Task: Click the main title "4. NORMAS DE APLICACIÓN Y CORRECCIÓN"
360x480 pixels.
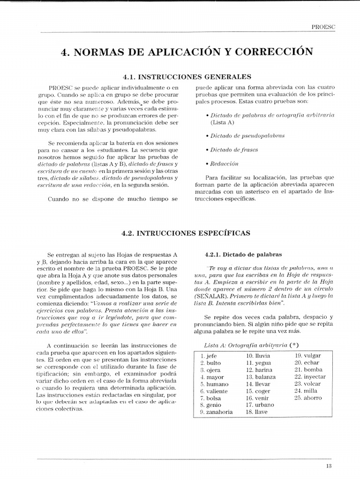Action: click(x=187, y=52)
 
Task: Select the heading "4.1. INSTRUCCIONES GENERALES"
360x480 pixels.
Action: click(x=187, y=77)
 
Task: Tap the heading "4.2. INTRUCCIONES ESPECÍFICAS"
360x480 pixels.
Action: click(x=186, y=232)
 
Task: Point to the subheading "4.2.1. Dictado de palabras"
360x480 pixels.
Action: click(x=243, y=255)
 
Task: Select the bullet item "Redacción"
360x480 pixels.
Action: click(x=225, y=164)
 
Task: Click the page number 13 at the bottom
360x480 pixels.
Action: click(x=328, y=465)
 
